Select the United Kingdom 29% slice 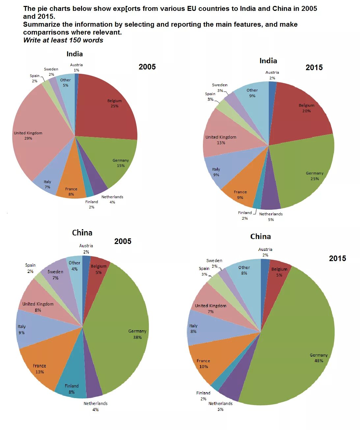click(x=36, y=138)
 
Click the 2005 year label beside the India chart click(x=147, y=67)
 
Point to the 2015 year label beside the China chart click(x=337, y=258)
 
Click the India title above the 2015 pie click(x=268, y=61)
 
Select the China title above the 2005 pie click(x=82, y=233)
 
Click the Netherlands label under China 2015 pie click(x=220, y=403)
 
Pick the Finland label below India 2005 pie click(x=92, y=202)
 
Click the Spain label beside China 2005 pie click(x=30, y=265)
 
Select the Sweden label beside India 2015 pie click(x=220, y=85)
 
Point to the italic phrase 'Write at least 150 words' click(x=63, y=40)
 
